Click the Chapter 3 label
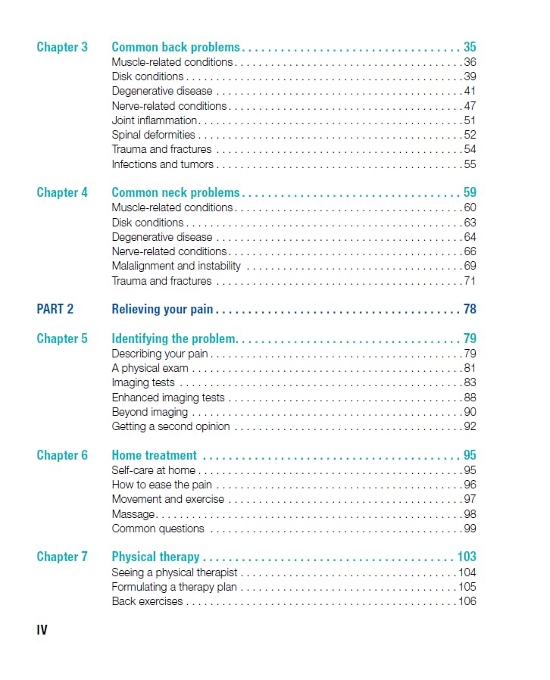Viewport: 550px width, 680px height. coord(62,47)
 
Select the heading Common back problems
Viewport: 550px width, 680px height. coord(176,47)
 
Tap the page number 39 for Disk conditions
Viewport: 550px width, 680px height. coord(470,76)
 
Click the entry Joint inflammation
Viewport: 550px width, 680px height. coord(155,120)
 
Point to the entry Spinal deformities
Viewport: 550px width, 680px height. coord(153,135)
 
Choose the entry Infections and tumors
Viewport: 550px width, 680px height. coord(162,164)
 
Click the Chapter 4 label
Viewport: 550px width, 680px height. coord(62,192)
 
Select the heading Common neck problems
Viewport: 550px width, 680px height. coord(176,192)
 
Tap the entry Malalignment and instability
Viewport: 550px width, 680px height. coord(176,266)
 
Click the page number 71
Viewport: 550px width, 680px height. coord(470,281)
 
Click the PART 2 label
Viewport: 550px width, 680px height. coord(55,309)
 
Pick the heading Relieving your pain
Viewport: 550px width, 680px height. coord(162,309)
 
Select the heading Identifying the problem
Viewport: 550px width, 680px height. coord(174,338)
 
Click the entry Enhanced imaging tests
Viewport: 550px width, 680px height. coord(168,398)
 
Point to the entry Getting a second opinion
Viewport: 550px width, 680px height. coord(170,426)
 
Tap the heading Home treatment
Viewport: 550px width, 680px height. coord(154,455)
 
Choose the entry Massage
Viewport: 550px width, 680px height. coord(133,514)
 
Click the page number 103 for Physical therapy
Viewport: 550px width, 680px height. coord(467,557)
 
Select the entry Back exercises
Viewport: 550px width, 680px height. coord(147,601)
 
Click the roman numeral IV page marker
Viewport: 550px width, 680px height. coord(42,630)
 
